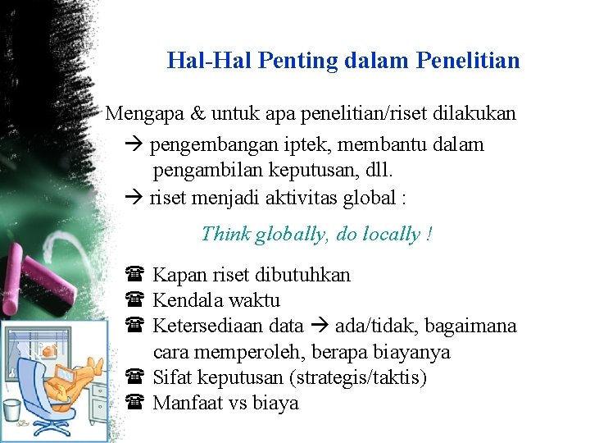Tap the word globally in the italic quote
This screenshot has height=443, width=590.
tap(292, 235)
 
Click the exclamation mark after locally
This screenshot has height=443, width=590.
tap(429, 235)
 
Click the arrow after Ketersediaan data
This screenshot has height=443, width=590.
tap(320, 327)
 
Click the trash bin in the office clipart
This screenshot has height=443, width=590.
tap(12, 409)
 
